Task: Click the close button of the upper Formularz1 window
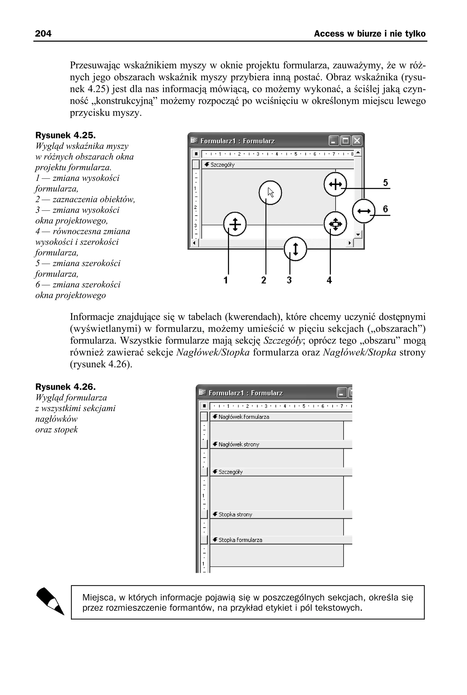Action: pyautogui.click(x=357, y=141)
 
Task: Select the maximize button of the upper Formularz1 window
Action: pyautogui.click(x=345, y=141)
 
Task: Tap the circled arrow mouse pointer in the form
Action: pyautogui.click(x=270, y=193)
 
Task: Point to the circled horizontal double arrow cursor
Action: pyautogui.click(x=364, y=211)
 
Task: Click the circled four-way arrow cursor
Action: pyautogui.click(x=335, y=223)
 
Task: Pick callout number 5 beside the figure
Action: pyautogui.click(x=385, y=182)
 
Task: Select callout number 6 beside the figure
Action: pyautogui.click(x=385, y=209)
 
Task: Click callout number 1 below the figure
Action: pyautogui.click(x=226, y=280)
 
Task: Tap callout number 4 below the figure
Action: pyautogui.click(x=329, y=280)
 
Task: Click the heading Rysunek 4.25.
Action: pyautogui.click(x=65, y=135)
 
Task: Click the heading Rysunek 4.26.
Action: pyautogui.click(x=65, y=387)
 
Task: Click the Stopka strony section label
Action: pyautogui.click(x=235, y=514)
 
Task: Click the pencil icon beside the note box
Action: pyautogui.click(x=50, y=601)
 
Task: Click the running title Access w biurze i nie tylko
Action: pyautogui.click(x=370, y=34)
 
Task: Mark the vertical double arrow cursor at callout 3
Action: pyautogui.click(x=295, y=249)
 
